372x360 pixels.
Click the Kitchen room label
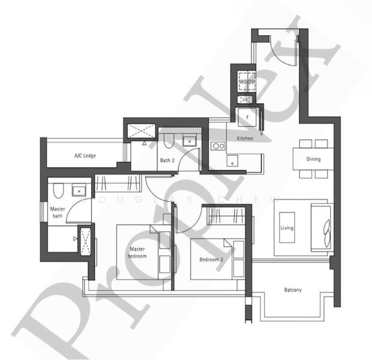[245, 139]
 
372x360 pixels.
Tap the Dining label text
[313, 160]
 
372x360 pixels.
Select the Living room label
[287, 228]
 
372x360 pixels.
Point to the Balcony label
[293, 290]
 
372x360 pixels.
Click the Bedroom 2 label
[211, 260]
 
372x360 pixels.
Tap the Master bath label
[58, 212]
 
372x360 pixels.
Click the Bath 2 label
[167, 160]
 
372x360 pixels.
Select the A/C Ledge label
[85, 156]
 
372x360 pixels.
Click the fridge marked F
[247, 118]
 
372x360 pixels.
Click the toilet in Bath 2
[169, 142]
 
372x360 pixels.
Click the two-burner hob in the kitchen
[217, 145]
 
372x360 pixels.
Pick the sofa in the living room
[320, 227]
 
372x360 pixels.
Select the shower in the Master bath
[85, 240]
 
